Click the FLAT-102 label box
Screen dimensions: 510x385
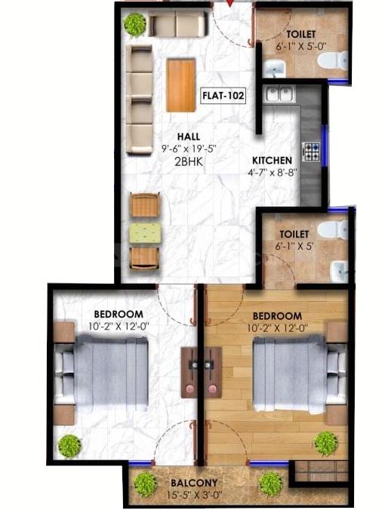click(x=220, y=97)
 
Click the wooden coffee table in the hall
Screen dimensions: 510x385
click(x=180, y=84)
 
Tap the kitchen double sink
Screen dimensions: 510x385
click(x=277, y=94)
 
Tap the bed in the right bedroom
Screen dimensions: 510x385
click(x=290, y=373)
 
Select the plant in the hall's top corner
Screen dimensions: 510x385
click(x=135, y=24)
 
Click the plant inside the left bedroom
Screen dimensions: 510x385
click(x=69, y=445)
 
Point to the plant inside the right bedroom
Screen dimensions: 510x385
click(x=326, y=443)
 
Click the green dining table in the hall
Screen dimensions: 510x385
click(x=145, y=232)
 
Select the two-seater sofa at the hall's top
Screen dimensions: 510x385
click(x=177, y=26)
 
